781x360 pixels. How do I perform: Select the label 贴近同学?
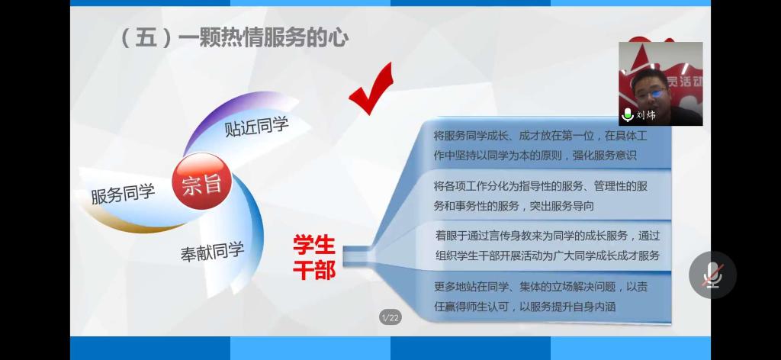(x=256, y=127)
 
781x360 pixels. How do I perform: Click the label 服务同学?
(x=123, y=194)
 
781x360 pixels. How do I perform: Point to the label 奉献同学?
(x=212, y=251)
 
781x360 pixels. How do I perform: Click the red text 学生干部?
(x=314, y=258)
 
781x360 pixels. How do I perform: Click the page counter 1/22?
(x=390, y=317)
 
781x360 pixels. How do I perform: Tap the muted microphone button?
(x=712, y=275)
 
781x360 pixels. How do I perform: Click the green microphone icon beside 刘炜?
(x=628, y=114)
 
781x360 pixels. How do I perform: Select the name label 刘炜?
(x=646, y=115)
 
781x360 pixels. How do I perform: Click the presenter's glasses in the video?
(x=651, y=92)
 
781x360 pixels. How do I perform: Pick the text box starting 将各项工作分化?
(x=541, y=196)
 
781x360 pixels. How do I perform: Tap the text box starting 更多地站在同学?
(x=541, y=297)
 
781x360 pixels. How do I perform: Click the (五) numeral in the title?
(x=146, y=38)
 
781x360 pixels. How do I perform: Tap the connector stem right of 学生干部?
(x=357, y=255)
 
